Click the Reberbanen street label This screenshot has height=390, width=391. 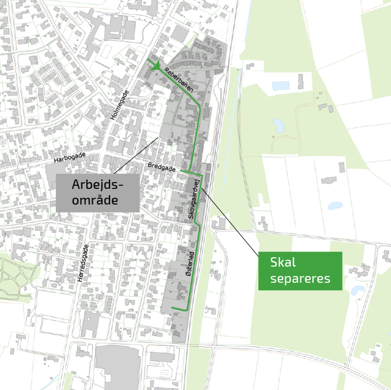click(179, 80)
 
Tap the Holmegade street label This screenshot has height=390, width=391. click(120, 105)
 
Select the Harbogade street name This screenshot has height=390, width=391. click(70, 157)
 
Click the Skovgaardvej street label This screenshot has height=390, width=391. click(194, 199)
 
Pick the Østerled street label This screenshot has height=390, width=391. click(190, 264)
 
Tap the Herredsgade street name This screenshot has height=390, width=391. click(83, 263)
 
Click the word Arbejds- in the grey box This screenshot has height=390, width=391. click(97, 185)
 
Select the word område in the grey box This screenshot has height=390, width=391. click(95, 200)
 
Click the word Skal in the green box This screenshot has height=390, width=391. click(283, 262)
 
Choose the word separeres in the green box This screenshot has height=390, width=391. click(300, 279)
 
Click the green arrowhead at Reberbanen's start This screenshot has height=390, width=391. click(155, 66)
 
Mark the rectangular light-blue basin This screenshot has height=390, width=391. click(281, 86)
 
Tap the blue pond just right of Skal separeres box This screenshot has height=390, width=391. click(357, 290)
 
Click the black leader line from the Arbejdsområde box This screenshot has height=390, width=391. click(136, 155)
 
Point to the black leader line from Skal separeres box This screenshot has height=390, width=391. click(230, 222)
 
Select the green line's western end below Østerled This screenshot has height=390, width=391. click(173, 308)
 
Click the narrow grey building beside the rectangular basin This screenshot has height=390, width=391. click(301, 81)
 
